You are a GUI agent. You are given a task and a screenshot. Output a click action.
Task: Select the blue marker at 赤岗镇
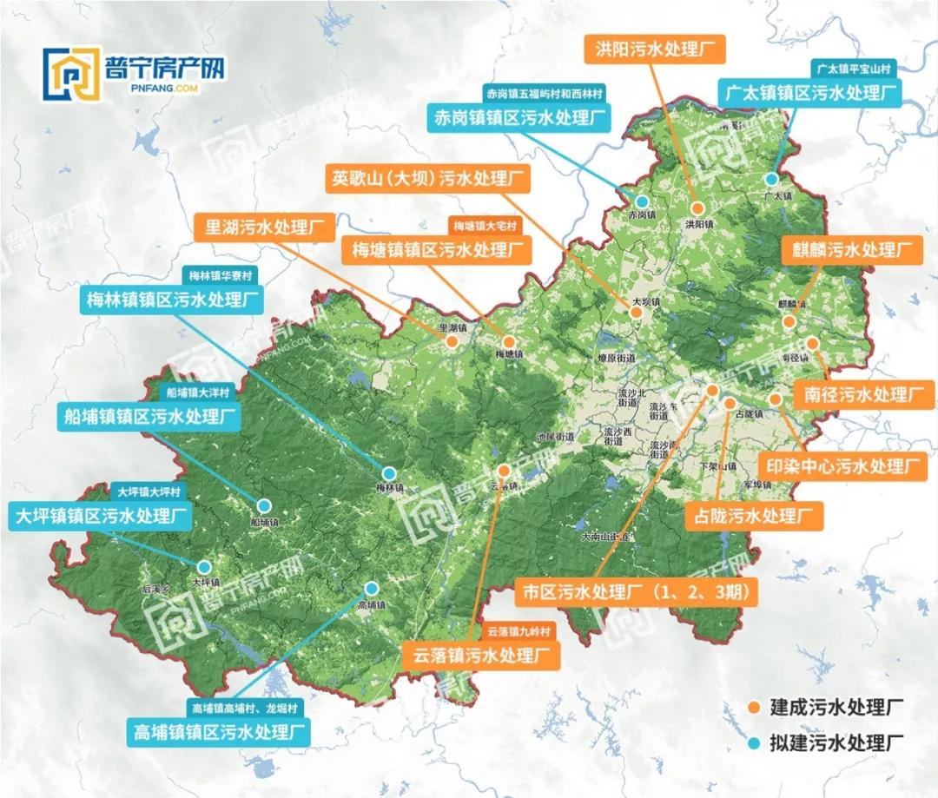click(x=642, y=201)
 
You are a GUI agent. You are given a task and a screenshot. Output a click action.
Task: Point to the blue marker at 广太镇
click(x=771, y=179)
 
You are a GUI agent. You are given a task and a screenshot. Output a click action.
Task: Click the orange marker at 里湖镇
click(x=452, y=342)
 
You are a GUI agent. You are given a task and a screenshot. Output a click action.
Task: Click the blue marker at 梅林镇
click(x=390, y=473)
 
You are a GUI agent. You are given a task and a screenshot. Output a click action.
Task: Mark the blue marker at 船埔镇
click(x=263, y=505)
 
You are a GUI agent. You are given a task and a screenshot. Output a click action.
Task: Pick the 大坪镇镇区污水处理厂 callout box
click(x=102, y=517)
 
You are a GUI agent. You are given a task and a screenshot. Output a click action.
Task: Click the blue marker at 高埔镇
click(x=371, y=587)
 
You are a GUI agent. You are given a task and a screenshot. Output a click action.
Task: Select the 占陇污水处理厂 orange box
click(x=754, y=518)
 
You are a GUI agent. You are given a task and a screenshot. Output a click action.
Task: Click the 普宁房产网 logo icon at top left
click(x=74, y=76)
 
